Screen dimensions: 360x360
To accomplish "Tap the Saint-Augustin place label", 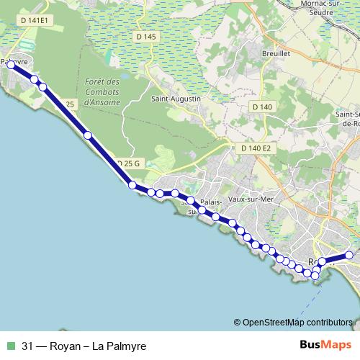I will click(174, 99).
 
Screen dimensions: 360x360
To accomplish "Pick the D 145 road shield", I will click(145, 37).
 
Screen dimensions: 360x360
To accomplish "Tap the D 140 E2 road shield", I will click(256, 148).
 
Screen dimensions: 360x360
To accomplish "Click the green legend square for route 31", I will click(9, 346).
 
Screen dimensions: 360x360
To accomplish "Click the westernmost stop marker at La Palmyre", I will click(11, 65).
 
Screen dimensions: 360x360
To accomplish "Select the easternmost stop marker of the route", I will click(349, 255).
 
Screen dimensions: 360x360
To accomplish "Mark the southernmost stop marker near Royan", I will click(315, 276).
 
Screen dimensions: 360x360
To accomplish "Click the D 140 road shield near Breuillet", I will click(263, 107).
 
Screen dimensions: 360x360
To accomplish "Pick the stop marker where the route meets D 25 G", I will click(132, 185).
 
